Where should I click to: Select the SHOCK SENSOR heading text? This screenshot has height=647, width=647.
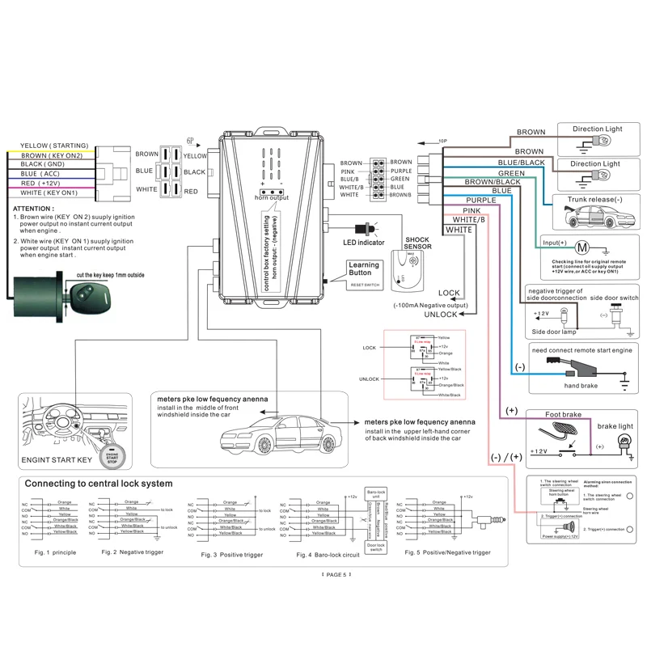417,244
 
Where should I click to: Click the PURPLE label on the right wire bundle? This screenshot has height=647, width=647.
480,200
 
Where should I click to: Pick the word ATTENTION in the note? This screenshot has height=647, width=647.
34,208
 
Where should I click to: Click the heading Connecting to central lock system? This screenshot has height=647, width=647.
99,484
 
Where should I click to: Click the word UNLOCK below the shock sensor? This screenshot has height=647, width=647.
441,315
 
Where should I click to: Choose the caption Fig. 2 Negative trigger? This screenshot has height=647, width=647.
132,552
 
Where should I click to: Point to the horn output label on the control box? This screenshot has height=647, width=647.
271,197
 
